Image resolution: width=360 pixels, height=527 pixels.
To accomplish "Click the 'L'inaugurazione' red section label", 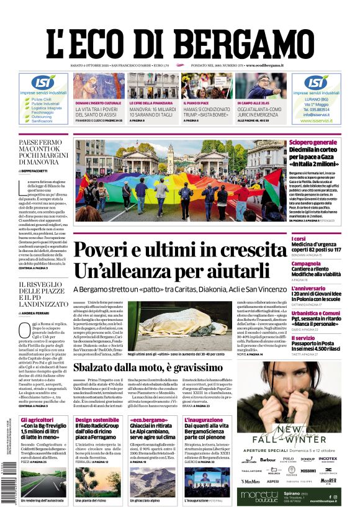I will [204, 420].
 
